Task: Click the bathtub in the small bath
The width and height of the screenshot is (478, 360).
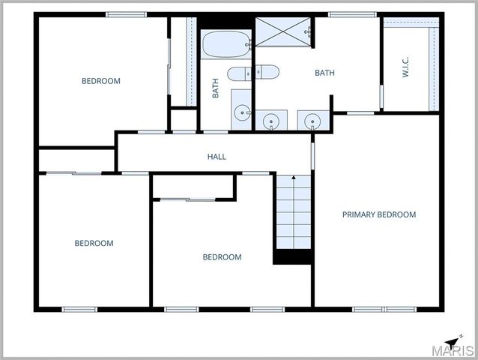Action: [226, 44]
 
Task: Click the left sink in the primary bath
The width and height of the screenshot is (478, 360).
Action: [270, 120]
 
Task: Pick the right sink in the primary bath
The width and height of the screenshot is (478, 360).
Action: [312, 120]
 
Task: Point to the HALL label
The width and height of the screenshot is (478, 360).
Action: [217, 157]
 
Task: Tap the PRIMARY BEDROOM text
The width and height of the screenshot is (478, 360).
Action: [378, 214]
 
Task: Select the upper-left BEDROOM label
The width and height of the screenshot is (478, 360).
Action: [100, 81]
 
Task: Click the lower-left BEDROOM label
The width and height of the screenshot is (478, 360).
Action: [94, 243]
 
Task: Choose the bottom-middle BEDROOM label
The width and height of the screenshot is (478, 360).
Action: [222, 257]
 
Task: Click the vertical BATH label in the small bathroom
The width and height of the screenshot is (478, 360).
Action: [216, 89]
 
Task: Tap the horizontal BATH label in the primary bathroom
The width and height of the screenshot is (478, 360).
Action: [324, 73]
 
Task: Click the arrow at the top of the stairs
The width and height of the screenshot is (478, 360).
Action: [293, 178]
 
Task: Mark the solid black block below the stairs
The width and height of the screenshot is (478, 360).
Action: [292, 257]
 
